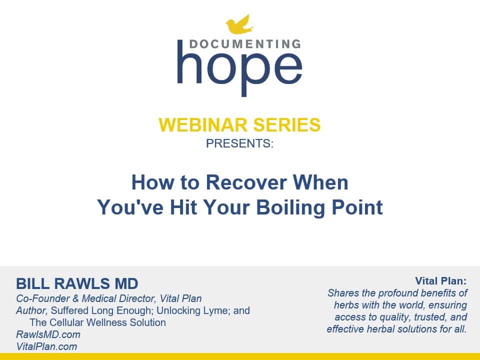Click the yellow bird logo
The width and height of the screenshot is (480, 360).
[x=239, y=24]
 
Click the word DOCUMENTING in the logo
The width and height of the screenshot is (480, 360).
[x=245, y=44]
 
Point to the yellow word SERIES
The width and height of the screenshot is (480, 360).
[x=287, y=125]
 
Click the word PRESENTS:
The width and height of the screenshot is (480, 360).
[x=239, y=143]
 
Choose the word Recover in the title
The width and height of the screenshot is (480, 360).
[x=246, y=182]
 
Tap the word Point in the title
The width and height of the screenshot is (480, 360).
[x=357, y=207]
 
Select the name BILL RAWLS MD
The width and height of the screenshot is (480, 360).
[x=77, y=283]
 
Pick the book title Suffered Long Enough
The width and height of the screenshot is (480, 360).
[x=100, y=310]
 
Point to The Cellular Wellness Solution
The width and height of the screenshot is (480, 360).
[x=97, y=322]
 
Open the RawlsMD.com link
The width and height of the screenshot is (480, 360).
[x=48, y=334]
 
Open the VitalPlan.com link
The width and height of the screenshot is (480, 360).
[x=46, y=346]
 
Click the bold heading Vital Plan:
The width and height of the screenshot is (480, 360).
[x=441, y=280]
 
